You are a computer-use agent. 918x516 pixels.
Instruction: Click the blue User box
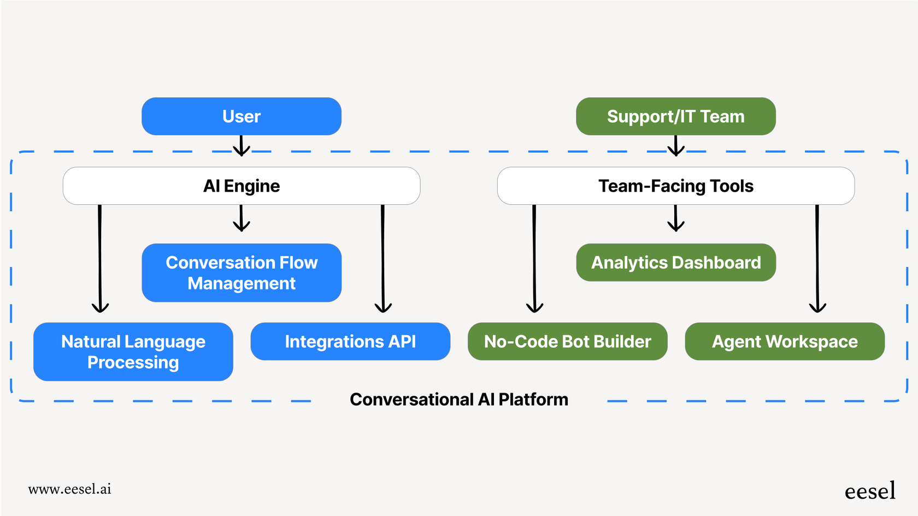(241, 116)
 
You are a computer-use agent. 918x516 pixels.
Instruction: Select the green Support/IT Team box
(675, 116)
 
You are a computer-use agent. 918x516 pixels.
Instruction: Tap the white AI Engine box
(241, 186)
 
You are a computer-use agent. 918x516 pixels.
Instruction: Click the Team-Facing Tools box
(675, 186)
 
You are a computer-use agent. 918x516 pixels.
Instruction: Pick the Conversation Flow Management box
(241, 272)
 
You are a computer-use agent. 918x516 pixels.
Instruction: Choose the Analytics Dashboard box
(675, 263)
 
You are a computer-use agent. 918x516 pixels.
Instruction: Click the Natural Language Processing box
(133, 352)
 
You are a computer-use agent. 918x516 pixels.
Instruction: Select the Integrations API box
(350, 341)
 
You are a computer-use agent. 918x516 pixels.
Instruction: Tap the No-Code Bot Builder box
(567, 341)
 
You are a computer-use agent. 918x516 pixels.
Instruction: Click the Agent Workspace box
(784, 341)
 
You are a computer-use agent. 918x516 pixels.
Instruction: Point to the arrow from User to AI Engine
(241, 146)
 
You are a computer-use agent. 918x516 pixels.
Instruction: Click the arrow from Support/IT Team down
(676, 146)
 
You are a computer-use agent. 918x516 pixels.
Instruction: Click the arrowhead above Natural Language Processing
(100, 307)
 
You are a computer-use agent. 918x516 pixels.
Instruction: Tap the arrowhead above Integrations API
(383, 307)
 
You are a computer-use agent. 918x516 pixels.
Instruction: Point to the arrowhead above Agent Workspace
(817, 307)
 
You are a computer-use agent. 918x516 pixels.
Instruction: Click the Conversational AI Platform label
(459, 399)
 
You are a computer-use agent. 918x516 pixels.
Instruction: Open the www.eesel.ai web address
(69, 489)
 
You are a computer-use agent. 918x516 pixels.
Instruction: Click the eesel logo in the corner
(870, 491)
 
